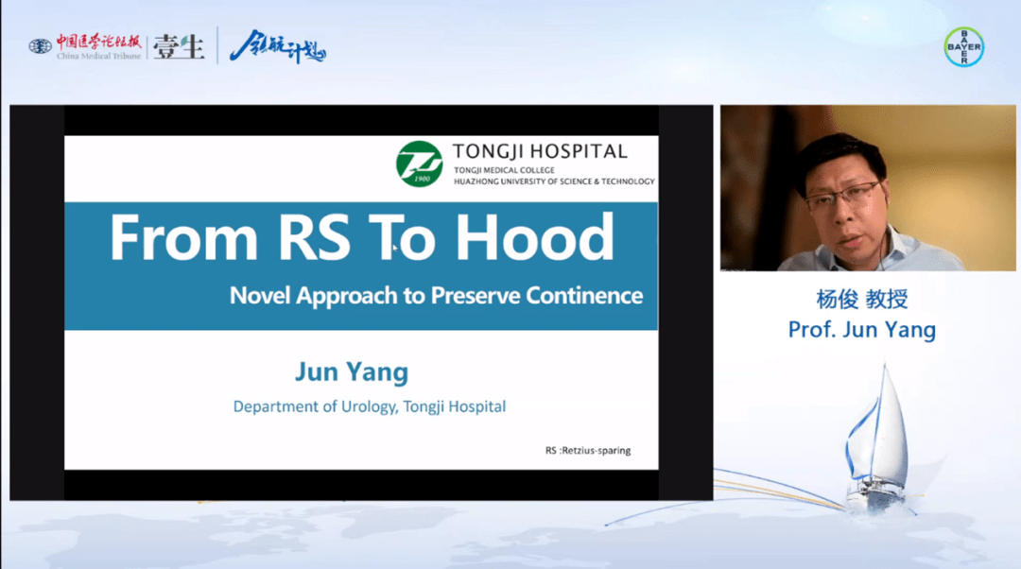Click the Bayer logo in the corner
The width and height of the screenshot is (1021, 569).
click(963, 47)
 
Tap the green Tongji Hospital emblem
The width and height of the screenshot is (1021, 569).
click(420, 164)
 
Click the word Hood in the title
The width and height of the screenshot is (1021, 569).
click(534, 237)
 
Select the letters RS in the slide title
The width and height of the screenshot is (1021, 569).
click(314, 237)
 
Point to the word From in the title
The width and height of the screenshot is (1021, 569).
click(184, 237)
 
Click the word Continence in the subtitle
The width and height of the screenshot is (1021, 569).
click(584, 296)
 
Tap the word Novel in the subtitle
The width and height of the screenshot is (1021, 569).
click(259, 296)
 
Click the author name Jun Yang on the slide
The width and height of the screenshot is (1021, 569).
click(352, 371)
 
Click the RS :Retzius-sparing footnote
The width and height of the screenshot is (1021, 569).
click(588, 451)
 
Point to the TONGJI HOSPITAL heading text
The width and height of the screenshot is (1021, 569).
click(540, 151)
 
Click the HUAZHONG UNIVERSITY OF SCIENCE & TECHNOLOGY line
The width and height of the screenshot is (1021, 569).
click(554, 181)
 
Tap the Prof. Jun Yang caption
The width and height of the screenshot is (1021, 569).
click(862, 330)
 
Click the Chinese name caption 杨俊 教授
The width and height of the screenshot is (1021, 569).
click(862, 299)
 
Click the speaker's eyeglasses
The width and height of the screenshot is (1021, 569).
click(843, 196)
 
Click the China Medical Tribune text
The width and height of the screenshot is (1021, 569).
click(98, 56)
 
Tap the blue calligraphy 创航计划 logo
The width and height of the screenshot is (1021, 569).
click(277, 47)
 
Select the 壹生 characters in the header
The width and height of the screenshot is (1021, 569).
click(179, 47)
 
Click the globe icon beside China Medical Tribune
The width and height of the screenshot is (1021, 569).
click(40, 46)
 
